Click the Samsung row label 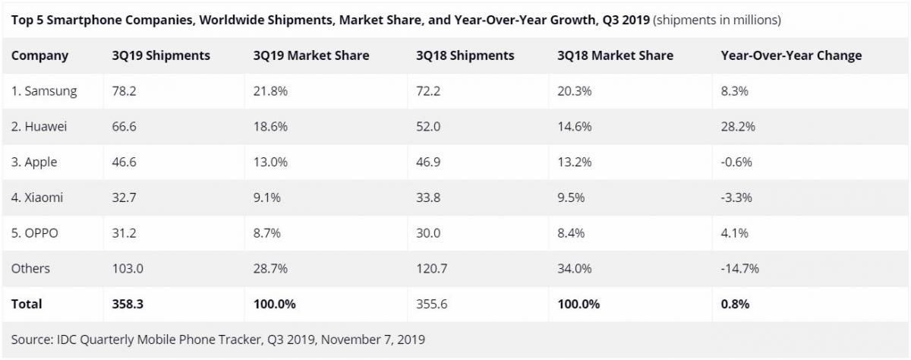[44, 91]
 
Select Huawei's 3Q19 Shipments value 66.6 [124, 127]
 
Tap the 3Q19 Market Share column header [311, 55]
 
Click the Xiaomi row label [37, 197]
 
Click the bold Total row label [27, 304]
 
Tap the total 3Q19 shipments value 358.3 [127, 304]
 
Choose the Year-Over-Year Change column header [791, 55]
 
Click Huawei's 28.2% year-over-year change [737, 127]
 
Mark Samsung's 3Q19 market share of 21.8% [271, 91]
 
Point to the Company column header [39, 55]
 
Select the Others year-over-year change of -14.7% [739, 268]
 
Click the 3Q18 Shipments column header [465, 55]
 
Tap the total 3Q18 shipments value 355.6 [432, 304]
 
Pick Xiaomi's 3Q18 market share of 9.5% [571, 197]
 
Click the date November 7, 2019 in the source [373, 339]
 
